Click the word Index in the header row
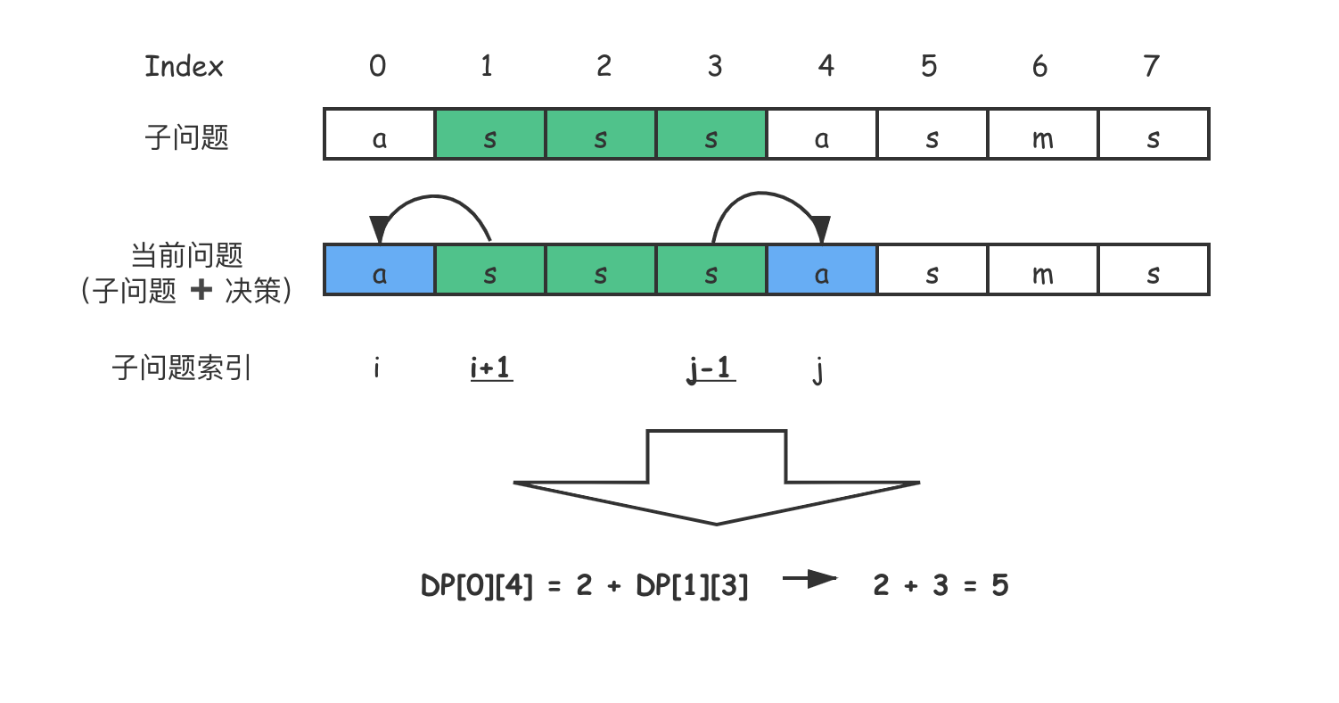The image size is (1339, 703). point(184,67)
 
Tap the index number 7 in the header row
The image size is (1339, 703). point(1151,66)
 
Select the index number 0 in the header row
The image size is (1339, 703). point(378,66)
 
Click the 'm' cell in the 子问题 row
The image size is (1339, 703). point(1042,135)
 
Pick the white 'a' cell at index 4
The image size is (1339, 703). point(822,135)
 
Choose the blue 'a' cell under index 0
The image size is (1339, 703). point(380,269)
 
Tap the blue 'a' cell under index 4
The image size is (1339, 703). point(822,269)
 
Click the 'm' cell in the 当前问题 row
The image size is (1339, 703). point(1042,269)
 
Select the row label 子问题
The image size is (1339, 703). point(187,137)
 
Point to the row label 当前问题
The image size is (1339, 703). point(186,256)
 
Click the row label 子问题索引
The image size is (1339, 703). point(182,368)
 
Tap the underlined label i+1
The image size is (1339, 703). point(491,368)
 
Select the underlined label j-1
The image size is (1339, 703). point(711,368)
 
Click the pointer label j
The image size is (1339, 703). point(818,368)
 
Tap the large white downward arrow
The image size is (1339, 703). point(717,477)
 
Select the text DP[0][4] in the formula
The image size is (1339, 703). point(477,585)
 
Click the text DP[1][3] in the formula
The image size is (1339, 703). point(692,585)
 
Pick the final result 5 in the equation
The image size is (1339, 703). point(999,585)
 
